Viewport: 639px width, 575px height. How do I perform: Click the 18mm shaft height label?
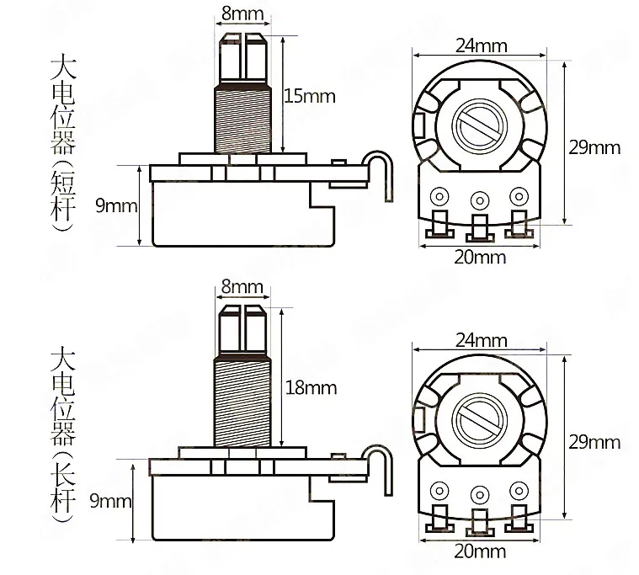(x=312, y=388)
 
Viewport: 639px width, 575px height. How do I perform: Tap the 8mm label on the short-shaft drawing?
(x=242, y=14)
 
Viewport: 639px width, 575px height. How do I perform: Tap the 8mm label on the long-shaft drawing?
(x=242, y=287)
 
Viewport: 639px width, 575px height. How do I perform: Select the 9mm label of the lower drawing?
(x=111, y=502)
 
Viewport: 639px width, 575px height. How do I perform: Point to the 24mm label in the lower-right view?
(x=481, y=340)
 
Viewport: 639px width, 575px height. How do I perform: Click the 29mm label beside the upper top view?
(x=594, y=147)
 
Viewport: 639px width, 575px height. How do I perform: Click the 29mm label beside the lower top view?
(x=594, y=441)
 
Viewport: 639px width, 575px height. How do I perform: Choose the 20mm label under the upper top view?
(x=479, y=257)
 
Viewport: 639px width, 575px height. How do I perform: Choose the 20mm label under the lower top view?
(x=479, y=552)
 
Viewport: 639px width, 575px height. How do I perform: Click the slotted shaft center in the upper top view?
(x=479, y=127)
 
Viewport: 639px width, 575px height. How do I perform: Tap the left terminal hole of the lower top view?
(x=439, y=492)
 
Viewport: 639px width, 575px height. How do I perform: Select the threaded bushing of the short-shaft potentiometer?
(x=242, y=118)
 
